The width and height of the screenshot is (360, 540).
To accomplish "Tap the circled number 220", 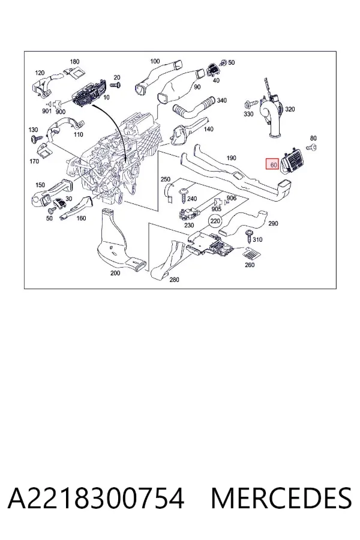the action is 215,221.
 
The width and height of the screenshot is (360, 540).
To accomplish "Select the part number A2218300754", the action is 96,498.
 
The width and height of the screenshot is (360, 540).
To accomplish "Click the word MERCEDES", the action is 281,498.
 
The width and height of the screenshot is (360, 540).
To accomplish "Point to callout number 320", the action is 290,109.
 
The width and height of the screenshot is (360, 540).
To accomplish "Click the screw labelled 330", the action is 251,103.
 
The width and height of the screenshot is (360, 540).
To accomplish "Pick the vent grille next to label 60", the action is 293,162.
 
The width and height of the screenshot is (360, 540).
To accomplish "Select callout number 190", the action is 231,158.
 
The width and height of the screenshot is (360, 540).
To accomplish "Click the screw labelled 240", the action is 182,196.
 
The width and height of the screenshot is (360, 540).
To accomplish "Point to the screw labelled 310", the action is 249,236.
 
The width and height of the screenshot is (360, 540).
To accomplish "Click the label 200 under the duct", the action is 115,273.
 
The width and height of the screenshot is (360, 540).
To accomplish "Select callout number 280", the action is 175,280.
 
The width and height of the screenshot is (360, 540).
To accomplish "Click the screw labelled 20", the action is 116,85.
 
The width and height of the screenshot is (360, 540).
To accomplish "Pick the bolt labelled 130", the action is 34,139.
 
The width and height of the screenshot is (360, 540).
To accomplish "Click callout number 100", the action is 155,61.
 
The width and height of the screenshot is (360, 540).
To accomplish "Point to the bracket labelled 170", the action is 43,149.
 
